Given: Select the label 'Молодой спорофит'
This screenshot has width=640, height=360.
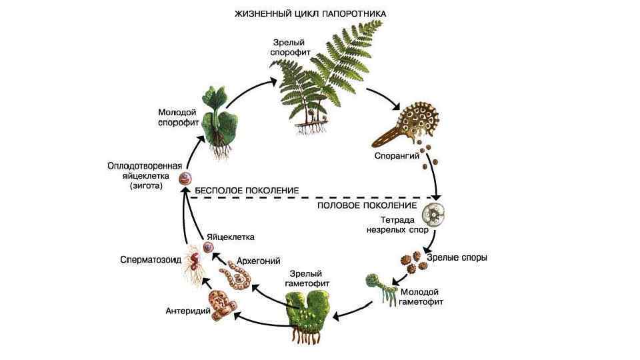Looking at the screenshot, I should (x=177, y=117).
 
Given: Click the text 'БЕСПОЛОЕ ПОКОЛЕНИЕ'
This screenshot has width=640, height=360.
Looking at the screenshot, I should (x=245, y=191).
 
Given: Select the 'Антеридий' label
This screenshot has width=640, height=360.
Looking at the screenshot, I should (x=188, y=311).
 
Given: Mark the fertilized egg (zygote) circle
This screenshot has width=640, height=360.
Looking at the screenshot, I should (x=186, y=178).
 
